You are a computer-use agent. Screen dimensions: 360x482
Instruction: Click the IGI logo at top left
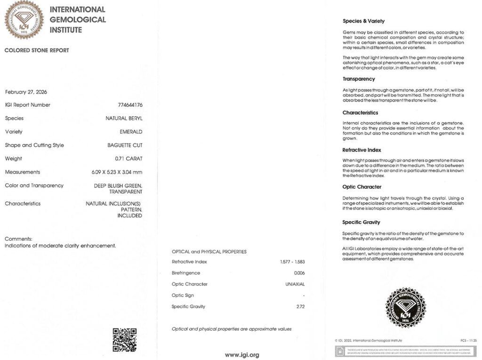coord(24,20)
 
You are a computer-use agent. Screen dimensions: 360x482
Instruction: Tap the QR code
coord(124,340)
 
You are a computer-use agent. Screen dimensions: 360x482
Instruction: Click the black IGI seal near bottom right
coord(405,308)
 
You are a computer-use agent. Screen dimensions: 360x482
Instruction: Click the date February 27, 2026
coord(26,92)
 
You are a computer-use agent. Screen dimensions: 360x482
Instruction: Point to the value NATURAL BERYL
coord(124,119)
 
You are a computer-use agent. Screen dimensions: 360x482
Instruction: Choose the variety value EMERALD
coord(131,132)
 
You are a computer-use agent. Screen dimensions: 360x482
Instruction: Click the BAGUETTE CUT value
coord(125,145)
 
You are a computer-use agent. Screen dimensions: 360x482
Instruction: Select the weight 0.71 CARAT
coord(129,159)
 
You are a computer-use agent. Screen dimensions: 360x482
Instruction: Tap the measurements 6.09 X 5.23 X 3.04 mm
coord(117,172)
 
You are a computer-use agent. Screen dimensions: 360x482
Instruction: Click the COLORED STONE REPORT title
coord(37,50)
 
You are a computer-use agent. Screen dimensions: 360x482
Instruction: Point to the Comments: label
coord(18,239)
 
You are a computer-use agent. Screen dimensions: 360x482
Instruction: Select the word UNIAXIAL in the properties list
coord(295,284)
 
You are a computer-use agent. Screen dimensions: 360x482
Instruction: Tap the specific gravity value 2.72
coord(300,307)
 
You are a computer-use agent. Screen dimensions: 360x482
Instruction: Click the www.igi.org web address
coord(242,355)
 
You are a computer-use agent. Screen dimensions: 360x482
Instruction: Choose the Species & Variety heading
coord(363,21)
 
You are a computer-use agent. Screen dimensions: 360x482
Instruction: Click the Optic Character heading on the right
coord(362,187)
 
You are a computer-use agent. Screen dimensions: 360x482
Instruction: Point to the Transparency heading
coord(359,79)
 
